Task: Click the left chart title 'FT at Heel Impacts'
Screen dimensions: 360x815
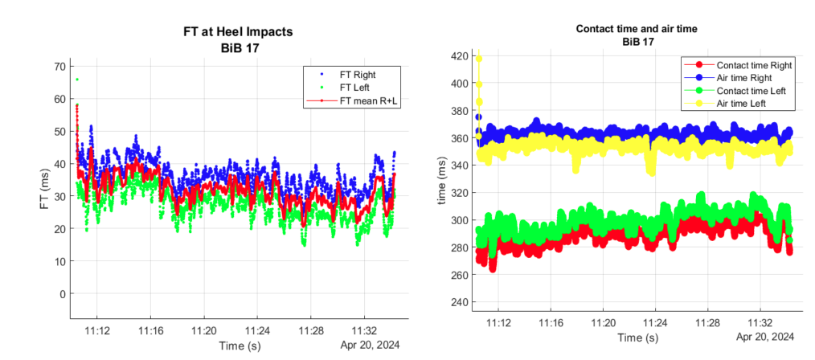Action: [x=231, y=32]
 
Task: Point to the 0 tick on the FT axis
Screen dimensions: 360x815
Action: [x=59, y=294]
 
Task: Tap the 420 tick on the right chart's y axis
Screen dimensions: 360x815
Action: [x=457, y=56]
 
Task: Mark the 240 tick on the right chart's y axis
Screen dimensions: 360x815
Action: [x=457, y=302]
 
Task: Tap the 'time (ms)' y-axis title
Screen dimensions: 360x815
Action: [x=441, y=181]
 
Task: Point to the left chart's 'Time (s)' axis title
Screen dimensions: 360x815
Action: [x=238, y=345]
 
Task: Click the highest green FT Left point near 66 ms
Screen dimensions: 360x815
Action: [x=77, y=80]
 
